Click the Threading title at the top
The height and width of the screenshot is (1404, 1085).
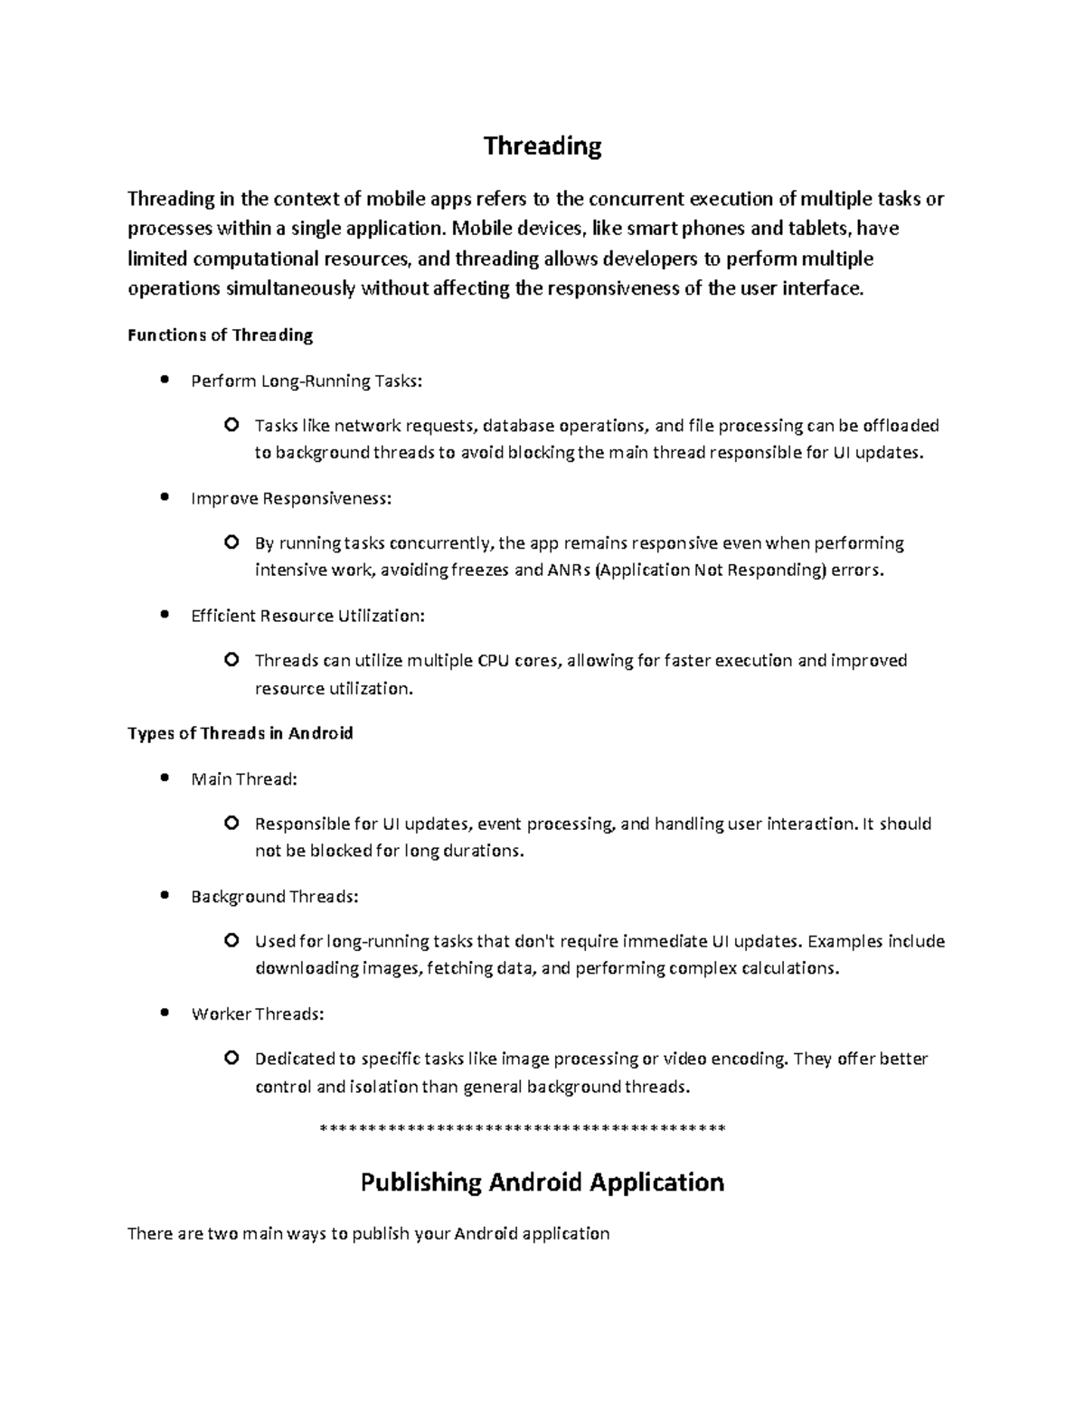click(542, 146)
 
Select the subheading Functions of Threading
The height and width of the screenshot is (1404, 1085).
click(220, 335)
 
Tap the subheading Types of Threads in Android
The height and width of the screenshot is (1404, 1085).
click(240, 733)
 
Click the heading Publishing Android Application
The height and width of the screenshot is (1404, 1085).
click(542, 1183)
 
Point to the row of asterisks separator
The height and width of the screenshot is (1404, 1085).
click(524, 1129)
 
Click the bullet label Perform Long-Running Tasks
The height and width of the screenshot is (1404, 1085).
click(307, 381)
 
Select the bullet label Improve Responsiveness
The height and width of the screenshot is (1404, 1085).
click(292, 498)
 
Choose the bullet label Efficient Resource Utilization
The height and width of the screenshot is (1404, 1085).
click(307, 616)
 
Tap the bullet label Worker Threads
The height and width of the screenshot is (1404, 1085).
click(257, 1013)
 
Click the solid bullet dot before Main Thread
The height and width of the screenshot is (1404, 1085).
click(164, 777)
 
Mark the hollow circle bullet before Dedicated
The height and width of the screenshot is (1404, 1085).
click(231, 1058)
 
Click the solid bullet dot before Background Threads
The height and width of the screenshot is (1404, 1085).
click(164, 895)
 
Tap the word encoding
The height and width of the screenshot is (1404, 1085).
click(750, 1059)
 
